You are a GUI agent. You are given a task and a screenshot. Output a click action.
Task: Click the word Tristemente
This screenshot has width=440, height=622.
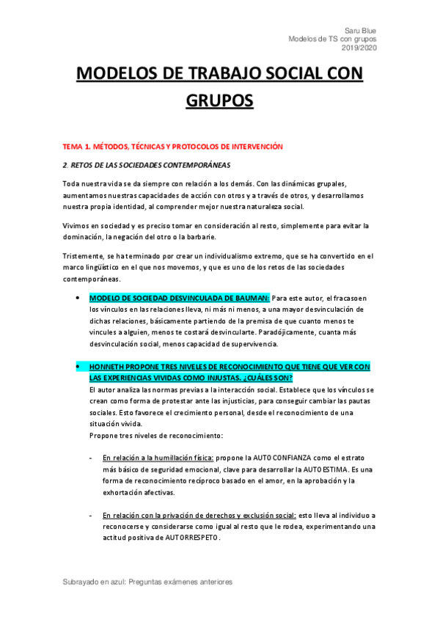click(84, 256)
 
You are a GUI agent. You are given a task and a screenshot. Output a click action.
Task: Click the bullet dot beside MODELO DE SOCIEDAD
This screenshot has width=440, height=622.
click(77, 299)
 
